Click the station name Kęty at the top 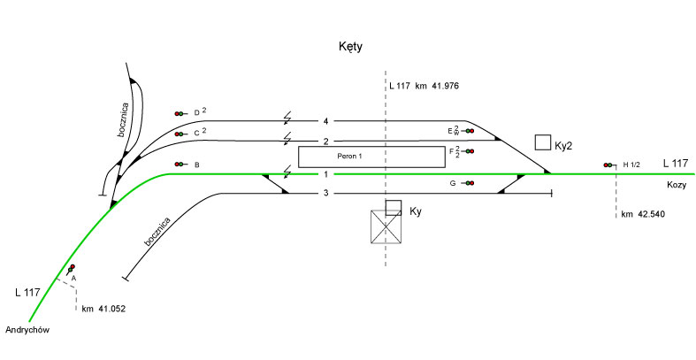351,46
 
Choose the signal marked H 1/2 609,165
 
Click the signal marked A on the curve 71,269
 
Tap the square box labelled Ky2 543,143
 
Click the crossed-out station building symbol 386,229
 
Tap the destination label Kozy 677,185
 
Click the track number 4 325,120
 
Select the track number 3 325,193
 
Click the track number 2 325,142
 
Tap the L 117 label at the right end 675,163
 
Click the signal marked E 469,131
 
